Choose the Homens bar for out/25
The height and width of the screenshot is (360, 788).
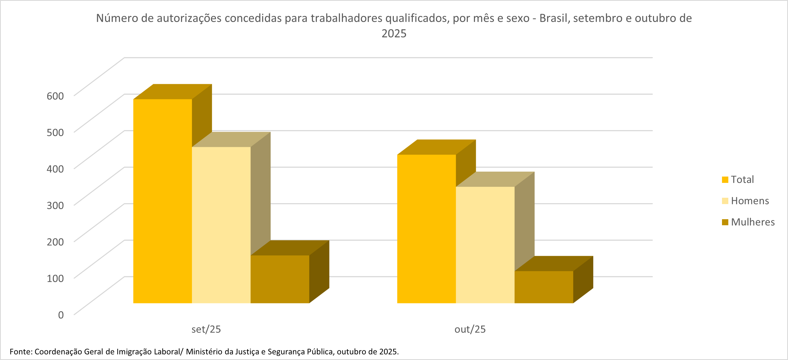tap(485, 245)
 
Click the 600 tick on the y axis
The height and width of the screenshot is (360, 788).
tap(55, 96)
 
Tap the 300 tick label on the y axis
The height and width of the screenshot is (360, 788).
tap(55, 205)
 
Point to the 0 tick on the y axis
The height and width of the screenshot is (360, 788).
tap(61, 315)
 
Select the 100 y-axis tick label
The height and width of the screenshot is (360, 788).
tap(55, 278)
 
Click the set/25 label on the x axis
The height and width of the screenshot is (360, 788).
tap(206, 329)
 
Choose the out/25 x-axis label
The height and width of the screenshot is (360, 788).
tap(470, 329)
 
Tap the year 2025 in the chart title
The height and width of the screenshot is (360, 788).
tap(394, 34)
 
